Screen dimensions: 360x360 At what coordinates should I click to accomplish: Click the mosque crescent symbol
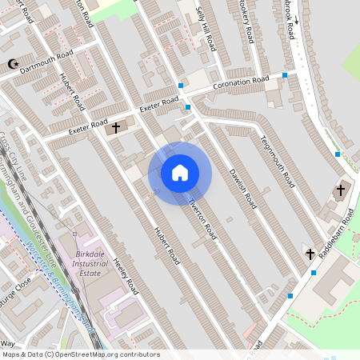click(11, 63)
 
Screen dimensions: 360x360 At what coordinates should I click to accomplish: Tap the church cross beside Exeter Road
click(115, 127)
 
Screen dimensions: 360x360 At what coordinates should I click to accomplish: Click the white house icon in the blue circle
click(180, 173)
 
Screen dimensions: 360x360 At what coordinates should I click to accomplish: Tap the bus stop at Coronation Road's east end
click(286, 75)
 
